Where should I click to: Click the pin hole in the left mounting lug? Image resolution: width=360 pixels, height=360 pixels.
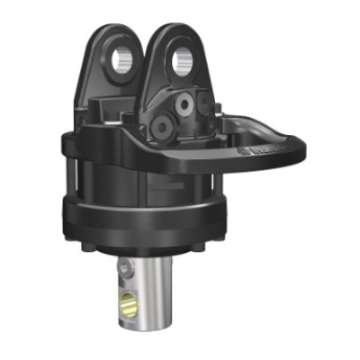click(124, 60)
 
